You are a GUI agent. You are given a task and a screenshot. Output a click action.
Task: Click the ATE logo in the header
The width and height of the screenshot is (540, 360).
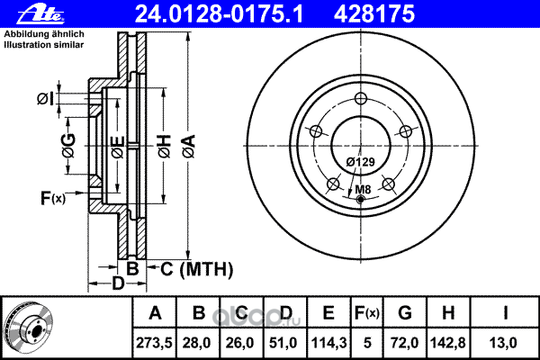[40, 14]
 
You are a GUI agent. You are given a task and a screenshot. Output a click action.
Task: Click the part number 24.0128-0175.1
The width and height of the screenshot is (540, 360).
[219, 14]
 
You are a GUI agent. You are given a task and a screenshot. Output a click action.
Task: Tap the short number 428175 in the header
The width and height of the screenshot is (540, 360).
[374, 14]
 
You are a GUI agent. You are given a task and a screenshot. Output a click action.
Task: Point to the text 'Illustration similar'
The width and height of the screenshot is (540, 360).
[44, 45]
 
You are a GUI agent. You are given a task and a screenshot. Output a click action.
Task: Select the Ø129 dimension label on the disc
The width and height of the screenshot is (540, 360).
[361, 162]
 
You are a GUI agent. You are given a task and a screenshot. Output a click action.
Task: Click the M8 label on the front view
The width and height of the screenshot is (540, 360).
[363, 189]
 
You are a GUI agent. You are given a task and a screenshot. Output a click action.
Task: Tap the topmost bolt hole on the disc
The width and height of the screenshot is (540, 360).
[361, 98]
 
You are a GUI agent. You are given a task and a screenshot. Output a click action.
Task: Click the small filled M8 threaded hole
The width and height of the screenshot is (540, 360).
[361, 199]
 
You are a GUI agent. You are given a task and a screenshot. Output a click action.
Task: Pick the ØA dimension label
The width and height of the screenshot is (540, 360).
[189, 147]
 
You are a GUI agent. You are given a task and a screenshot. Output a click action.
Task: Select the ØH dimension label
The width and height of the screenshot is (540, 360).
[165, 147]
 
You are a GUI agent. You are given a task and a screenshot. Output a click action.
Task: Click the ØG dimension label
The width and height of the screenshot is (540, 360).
[69, 146]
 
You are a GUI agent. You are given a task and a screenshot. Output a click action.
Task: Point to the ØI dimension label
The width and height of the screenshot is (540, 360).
[46, 99]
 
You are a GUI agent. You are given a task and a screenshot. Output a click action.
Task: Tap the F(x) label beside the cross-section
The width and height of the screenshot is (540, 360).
[53, 198]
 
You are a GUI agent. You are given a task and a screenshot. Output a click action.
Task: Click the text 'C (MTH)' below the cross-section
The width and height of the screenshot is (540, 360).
[196, 269]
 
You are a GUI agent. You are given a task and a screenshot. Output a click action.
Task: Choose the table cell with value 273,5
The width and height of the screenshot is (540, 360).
[154, 342]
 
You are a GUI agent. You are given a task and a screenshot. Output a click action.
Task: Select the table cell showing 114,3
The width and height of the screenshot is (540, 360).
[328, 342]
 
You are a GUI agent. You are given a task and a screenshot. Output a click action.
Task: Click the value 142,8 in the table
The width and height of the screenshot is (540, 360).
[448, 342]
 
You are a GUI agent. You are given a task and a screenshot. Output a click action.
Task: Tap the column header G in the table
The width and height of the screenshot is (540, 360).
[405, 313]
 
